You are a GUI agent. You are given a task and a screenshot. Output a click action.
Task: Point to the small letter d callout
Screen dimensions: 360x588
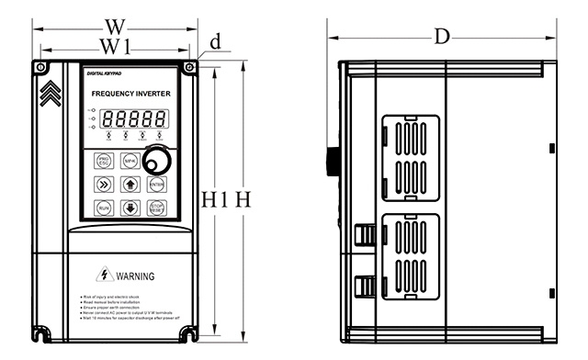[216, 41]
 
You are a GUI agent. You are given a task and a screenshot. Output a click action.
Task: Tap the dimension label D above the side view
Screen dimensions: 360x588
[442, 37]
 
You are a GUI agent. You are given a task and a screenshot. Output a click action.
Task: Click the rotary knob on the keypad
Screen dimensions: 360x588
[162, 162]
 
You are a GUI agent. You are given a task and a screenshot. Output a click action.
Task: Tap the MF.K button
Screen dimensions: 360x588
[130, 162]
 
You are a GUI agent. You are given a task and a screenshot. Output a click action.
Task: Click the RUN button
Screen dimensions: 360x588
[103, 208]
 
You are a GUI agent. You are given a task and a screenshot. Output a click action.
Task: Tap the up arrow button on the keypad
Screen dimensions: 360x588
[130, 184]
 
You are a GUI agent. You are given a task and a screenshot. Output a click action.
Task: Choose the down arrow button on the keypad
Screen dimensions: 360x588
[130, 208]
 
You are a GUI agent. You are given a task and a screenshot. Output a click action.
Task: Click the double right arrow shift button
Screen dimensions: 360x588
[103, 184]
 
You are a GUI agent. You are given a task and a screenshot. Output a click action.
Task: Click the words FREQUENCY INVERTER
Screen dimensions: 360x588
[131, 95]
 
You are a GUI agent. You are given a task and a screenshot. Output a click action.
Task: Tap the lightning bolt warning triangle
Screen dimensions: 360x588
[109, 275]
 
